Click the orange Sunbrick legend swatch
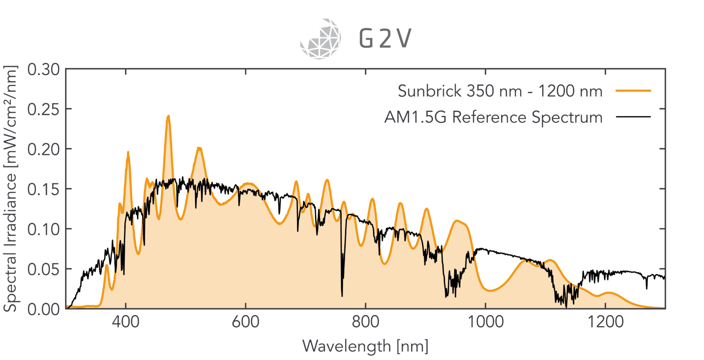click(x=633, y=91)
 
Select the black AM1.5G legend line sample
click(x=633, y=117)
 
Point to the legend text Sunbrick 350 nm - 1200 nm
click(x=500, y=91)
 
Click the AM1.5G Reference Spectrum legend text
click(x=493, y=117)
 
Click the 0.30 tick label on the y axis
click(x=44, y=70)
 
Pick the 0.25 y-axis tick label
click(x=44, y=110)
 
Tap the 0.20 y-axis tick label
click(x=44, y=150)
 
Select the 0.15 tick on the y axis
click(x=44, y=189)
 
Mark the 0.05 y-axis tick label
click(x=44, y=269)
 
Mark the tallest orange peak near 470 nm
click(x=168, y=116)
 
